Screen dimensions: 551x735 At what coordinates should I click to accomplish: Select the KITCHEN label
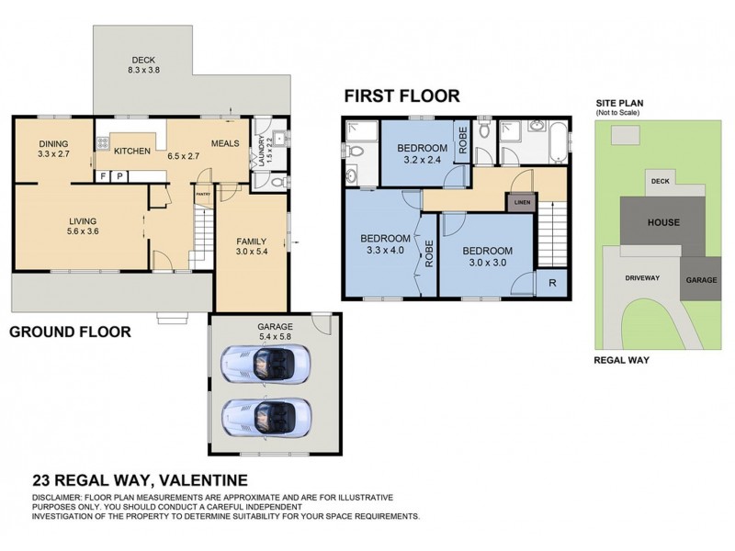click(131, 151)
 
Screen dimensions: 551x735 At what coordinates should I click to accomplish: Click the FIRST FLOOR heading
click(401, 96)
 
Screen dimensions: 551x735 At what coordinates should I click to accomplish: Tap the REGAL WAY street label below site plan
click(622, 360)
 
